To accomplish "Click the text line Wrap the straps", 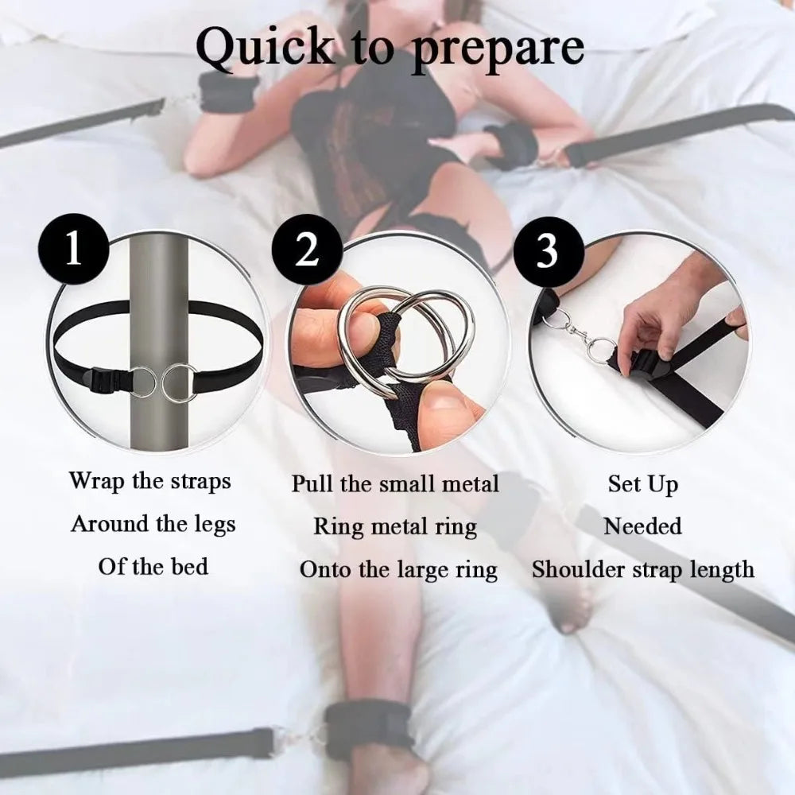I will [149, 481].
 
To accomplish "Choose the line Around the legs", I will [153, 524].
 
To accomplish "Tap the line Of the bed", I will [153, 567].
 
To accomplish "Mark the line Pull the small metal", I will [395, 483].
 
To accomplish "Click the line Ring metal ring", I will [395, 526].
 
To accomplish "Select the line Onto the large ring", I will [398, 570].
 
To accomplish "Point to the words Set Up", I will [643, 483].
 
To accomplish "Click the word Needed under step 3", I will [642, 526].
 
